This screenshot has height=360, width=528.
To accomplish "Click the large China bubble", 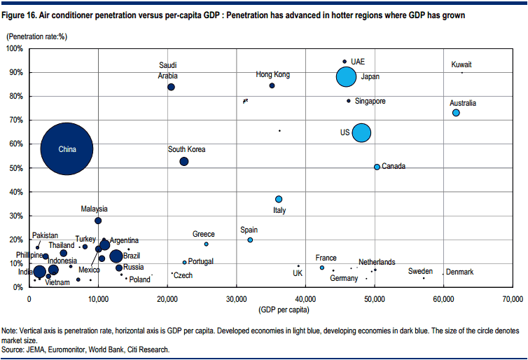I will pyautogui.click(x=67, y=148).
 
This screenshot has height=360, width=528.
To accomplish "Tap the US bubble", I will pyautogui.click(x=361, y=132).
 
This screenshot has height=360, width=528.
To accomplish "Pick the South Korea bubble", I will pyautogui.click(x=184, y=161).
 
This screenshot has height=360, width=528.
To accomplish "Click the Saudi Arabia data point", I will pyautogui.click(x=171, y=87).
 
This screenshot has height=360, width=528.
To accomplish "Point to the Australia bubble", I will pyautogui.click(x=456, y=113).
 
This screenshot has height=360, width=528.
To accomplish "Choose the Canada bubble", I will pyautogui.click(x=377, y=167).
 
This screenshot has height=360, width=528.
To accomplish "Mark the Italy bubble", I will pyautogui.click(x=279, y=199).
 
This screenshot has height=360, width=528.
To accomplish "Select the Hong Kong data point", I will pyautogui.click(x=272, y=85).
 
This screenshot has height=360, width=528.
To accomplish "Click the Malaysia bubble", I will pyautogui.click(x=98, y=221).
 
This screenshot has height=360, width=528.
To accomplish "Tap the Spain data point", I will pyautogui.click(x=250, y=240).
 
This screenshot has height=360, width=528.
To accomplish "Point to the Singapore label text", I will pyautogui.click(x=370, y=101).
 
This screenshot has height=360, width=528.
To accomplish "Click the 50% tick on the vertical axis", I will pyautogui.click(x=15, y=168).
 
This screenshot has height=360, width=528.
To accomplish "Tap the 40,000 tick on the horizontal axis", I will pyautogui.click(x=305, y=299).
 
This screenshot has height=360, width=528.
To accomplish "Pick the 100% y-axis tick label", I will pyautogui.click(x=13, y=48).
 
